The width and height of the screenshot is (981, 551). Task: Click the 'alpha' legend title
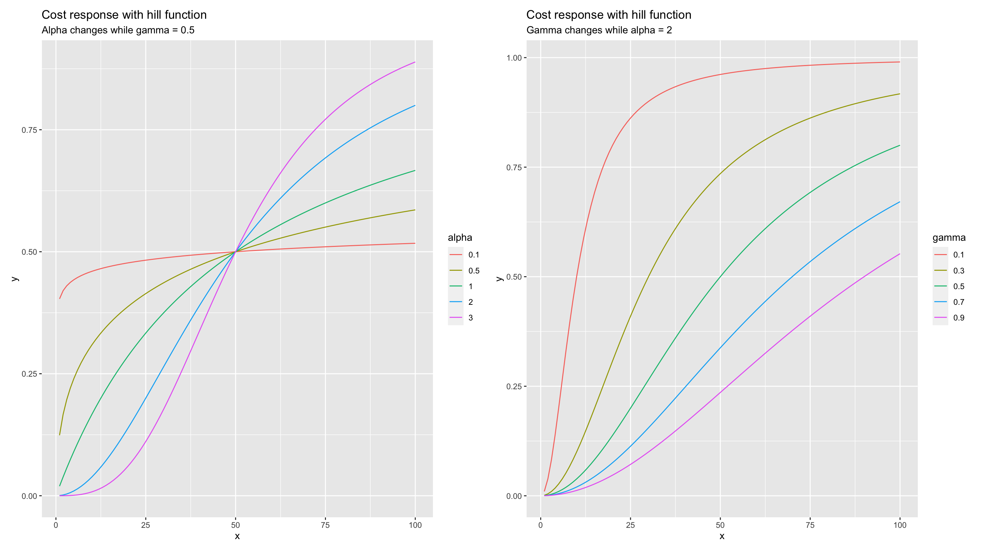(x=460, y=238)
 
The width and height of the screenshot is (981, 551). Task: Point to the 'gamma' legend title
(x=949, y=238)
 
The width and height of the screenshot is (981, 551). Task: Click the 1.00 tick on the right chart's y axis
(x=513, y=58)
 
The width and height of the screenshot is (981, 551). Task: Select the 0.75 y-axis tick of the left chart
(x=29, y=130)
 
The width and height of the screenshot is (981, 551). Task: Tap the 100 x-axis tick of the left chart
(x=415, y=525)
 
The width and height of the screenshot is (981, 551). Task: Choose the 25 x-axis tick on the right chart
(x=630, y=525)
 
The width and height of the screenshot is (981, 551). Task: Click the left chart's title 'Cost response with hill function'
(x=124, y=15)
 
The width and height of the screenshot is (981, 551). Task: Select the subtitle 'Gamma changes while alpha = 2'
(x=599, y=30)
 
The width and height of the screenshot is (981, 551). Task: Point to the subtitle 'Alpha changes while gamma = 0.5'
(x=118, y=30)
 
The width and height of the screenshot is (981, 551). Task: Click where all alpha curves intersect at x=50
(x=236, y=252)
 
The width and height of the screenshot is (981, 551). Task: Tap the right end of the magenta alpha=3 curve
(x=415, y=62)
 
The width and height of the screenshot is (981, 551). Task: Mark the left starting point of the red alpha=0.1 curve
(x=60, y=298)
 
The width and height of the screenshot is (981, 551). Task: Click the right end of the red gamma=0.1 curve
(x=900, y=62)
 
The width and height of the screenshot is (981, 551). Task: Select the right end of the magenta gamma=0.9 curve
(x=900, y=254)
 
